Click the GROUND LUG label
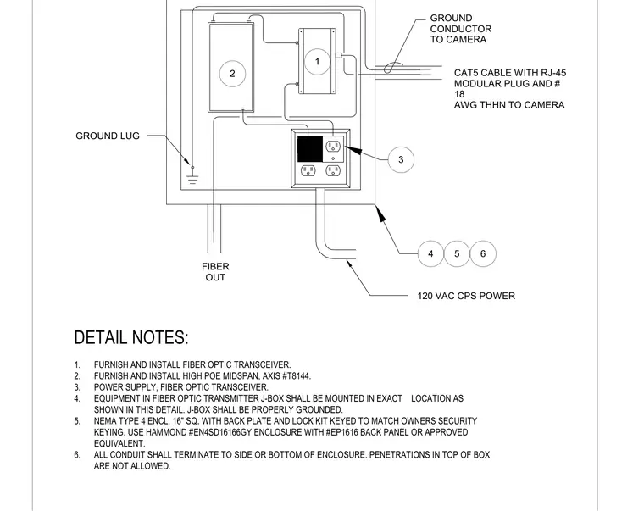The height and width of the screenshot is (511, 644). click(108, 136)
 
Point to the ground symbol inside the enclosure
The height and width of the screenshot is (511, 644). click(192, 179)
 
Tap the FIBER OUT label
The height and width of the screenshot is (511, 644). click(215, 272)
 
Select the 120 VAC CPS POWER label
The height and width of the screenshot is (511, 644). click(466, 296)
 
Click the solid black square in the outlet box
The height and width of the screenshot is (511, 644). click(309, 149)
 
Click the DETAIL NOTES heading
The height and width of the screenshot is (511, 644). click(131, 337)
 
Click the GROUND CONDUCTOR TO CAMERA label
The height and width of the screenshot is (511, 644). click(461, 29)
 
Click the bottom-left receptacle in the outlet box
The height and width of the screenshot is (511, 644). click(308, 170)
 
